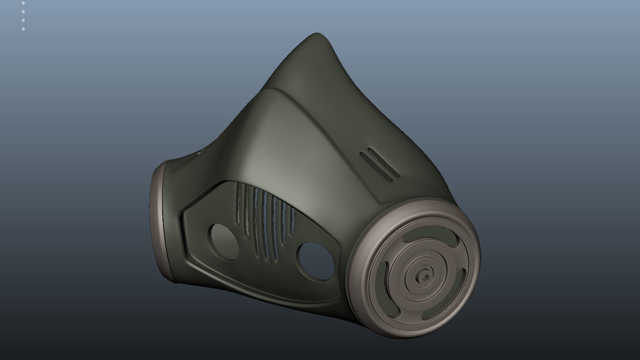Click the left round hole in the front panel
224,242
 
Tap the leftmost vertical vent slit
238,203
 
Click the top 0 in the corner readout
23,3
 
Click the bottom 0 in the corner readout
23,29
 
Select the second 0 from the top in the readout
23,12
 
